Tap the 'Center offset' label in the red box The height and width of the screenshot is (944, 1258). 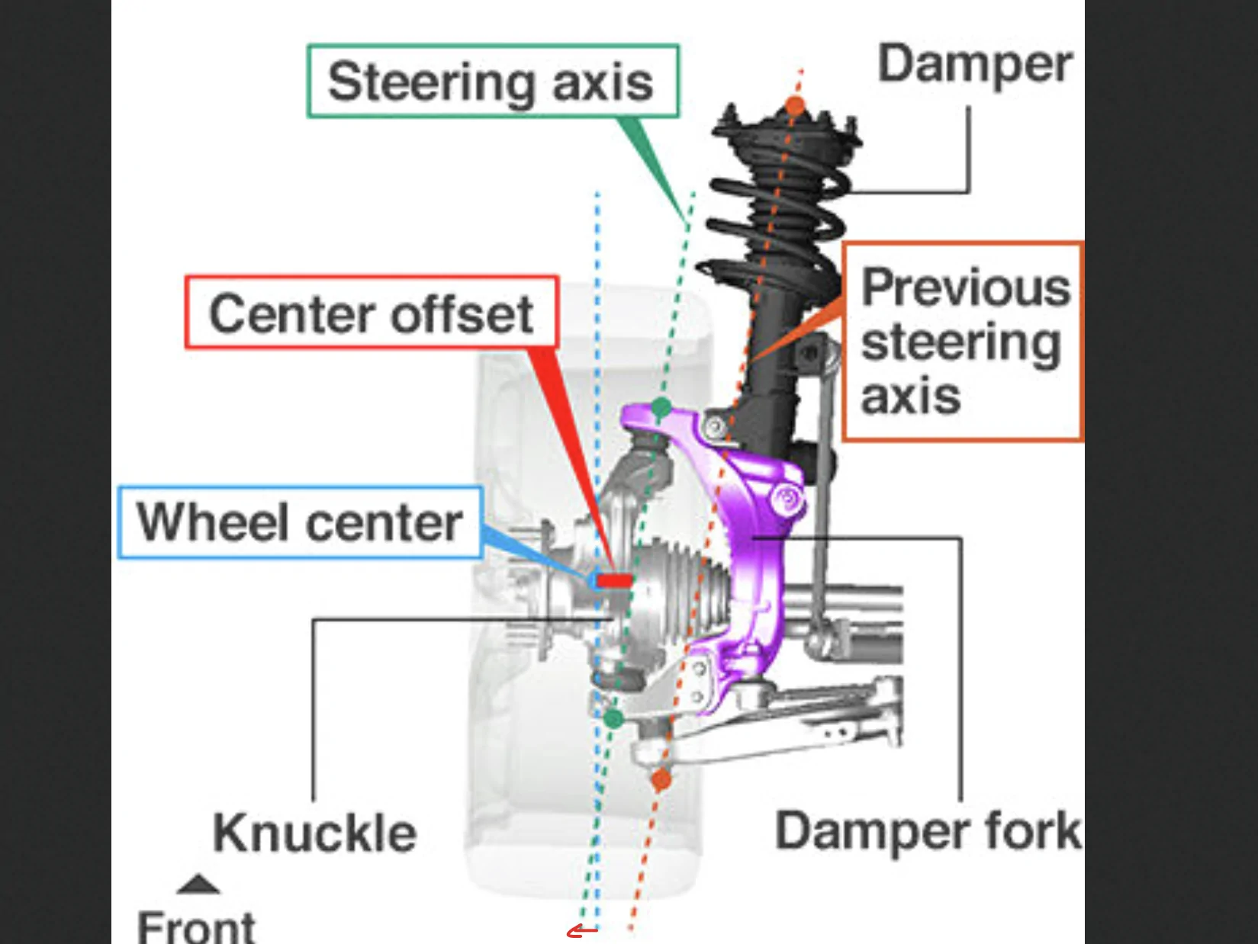point(372,313)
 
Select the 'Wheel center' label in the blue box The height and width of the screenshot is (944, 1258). point(301,522)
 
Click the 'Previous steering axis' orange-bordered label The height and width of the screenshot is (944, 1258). point(964,342)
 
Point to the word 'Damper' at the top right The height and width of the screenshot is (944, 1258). point(974,64)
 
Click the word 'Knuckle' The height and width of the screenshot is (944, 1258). point(314,833)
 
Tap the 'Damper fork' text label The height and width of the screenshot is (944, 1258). point(928,830)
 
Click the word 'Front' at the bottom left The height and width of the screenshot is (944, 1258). point(196,926)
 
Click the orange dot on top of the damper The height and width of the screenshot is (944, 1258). point(795,106)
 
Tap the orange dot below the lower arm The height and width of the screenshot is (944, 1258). point(661,779)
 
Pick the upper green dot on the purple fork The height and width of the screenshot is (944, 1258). point(661,407)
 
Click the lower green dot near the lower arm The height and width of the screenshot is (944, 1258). point(613,718)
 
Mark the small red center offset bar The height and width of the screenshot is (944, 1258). point(614,580)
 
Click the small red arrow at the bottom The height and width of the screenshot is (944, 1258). point(582,931)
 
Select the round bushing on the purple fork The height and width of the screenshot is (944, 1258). point(788,499)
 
